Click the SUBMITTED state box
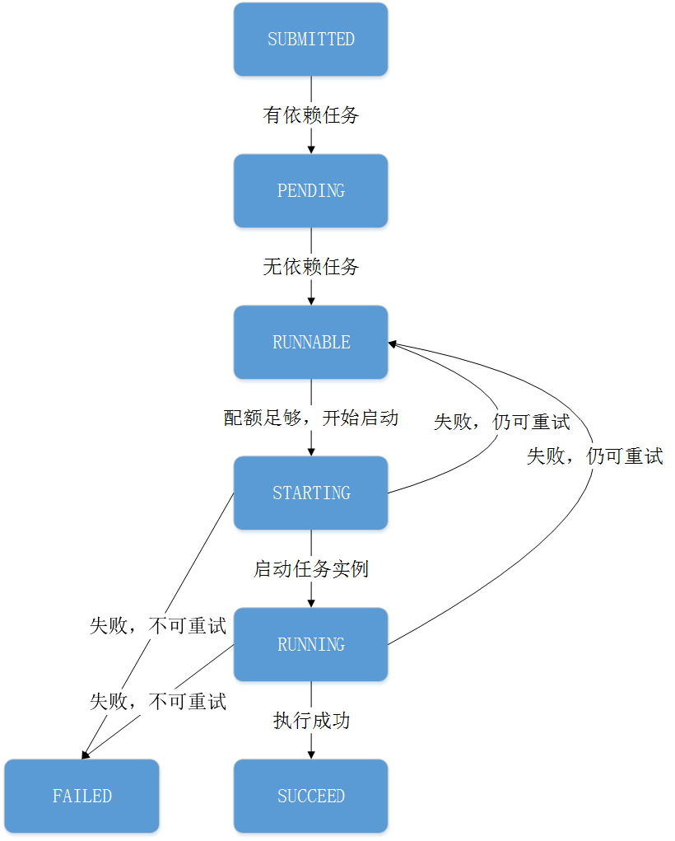click(311, 40)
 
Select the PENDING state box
click(311, 191)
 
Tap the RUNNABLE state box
click(311, 343)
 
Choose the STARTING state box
click(311, 493)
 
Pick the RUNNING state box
click(311, 645)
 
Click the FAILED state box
click(82, 797)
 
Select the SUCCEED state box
click(311, 797)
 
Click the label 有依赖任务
click(311, 115)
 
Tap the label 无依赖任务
click(311, 267)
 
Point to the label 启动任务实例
click(311, 569)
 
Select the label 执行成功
click(311, 721)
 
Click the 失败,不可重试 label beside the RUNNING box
click(157, 626)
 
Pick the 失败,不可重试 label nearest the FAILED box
click(157, 702)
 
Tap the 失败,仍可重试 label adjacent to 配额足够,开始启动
click(501, 423)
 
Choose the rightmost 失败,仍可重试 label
click(594, 456)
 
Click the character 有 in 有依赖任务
click(272, 115)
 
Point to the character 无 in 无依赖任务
click(272, 267)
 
